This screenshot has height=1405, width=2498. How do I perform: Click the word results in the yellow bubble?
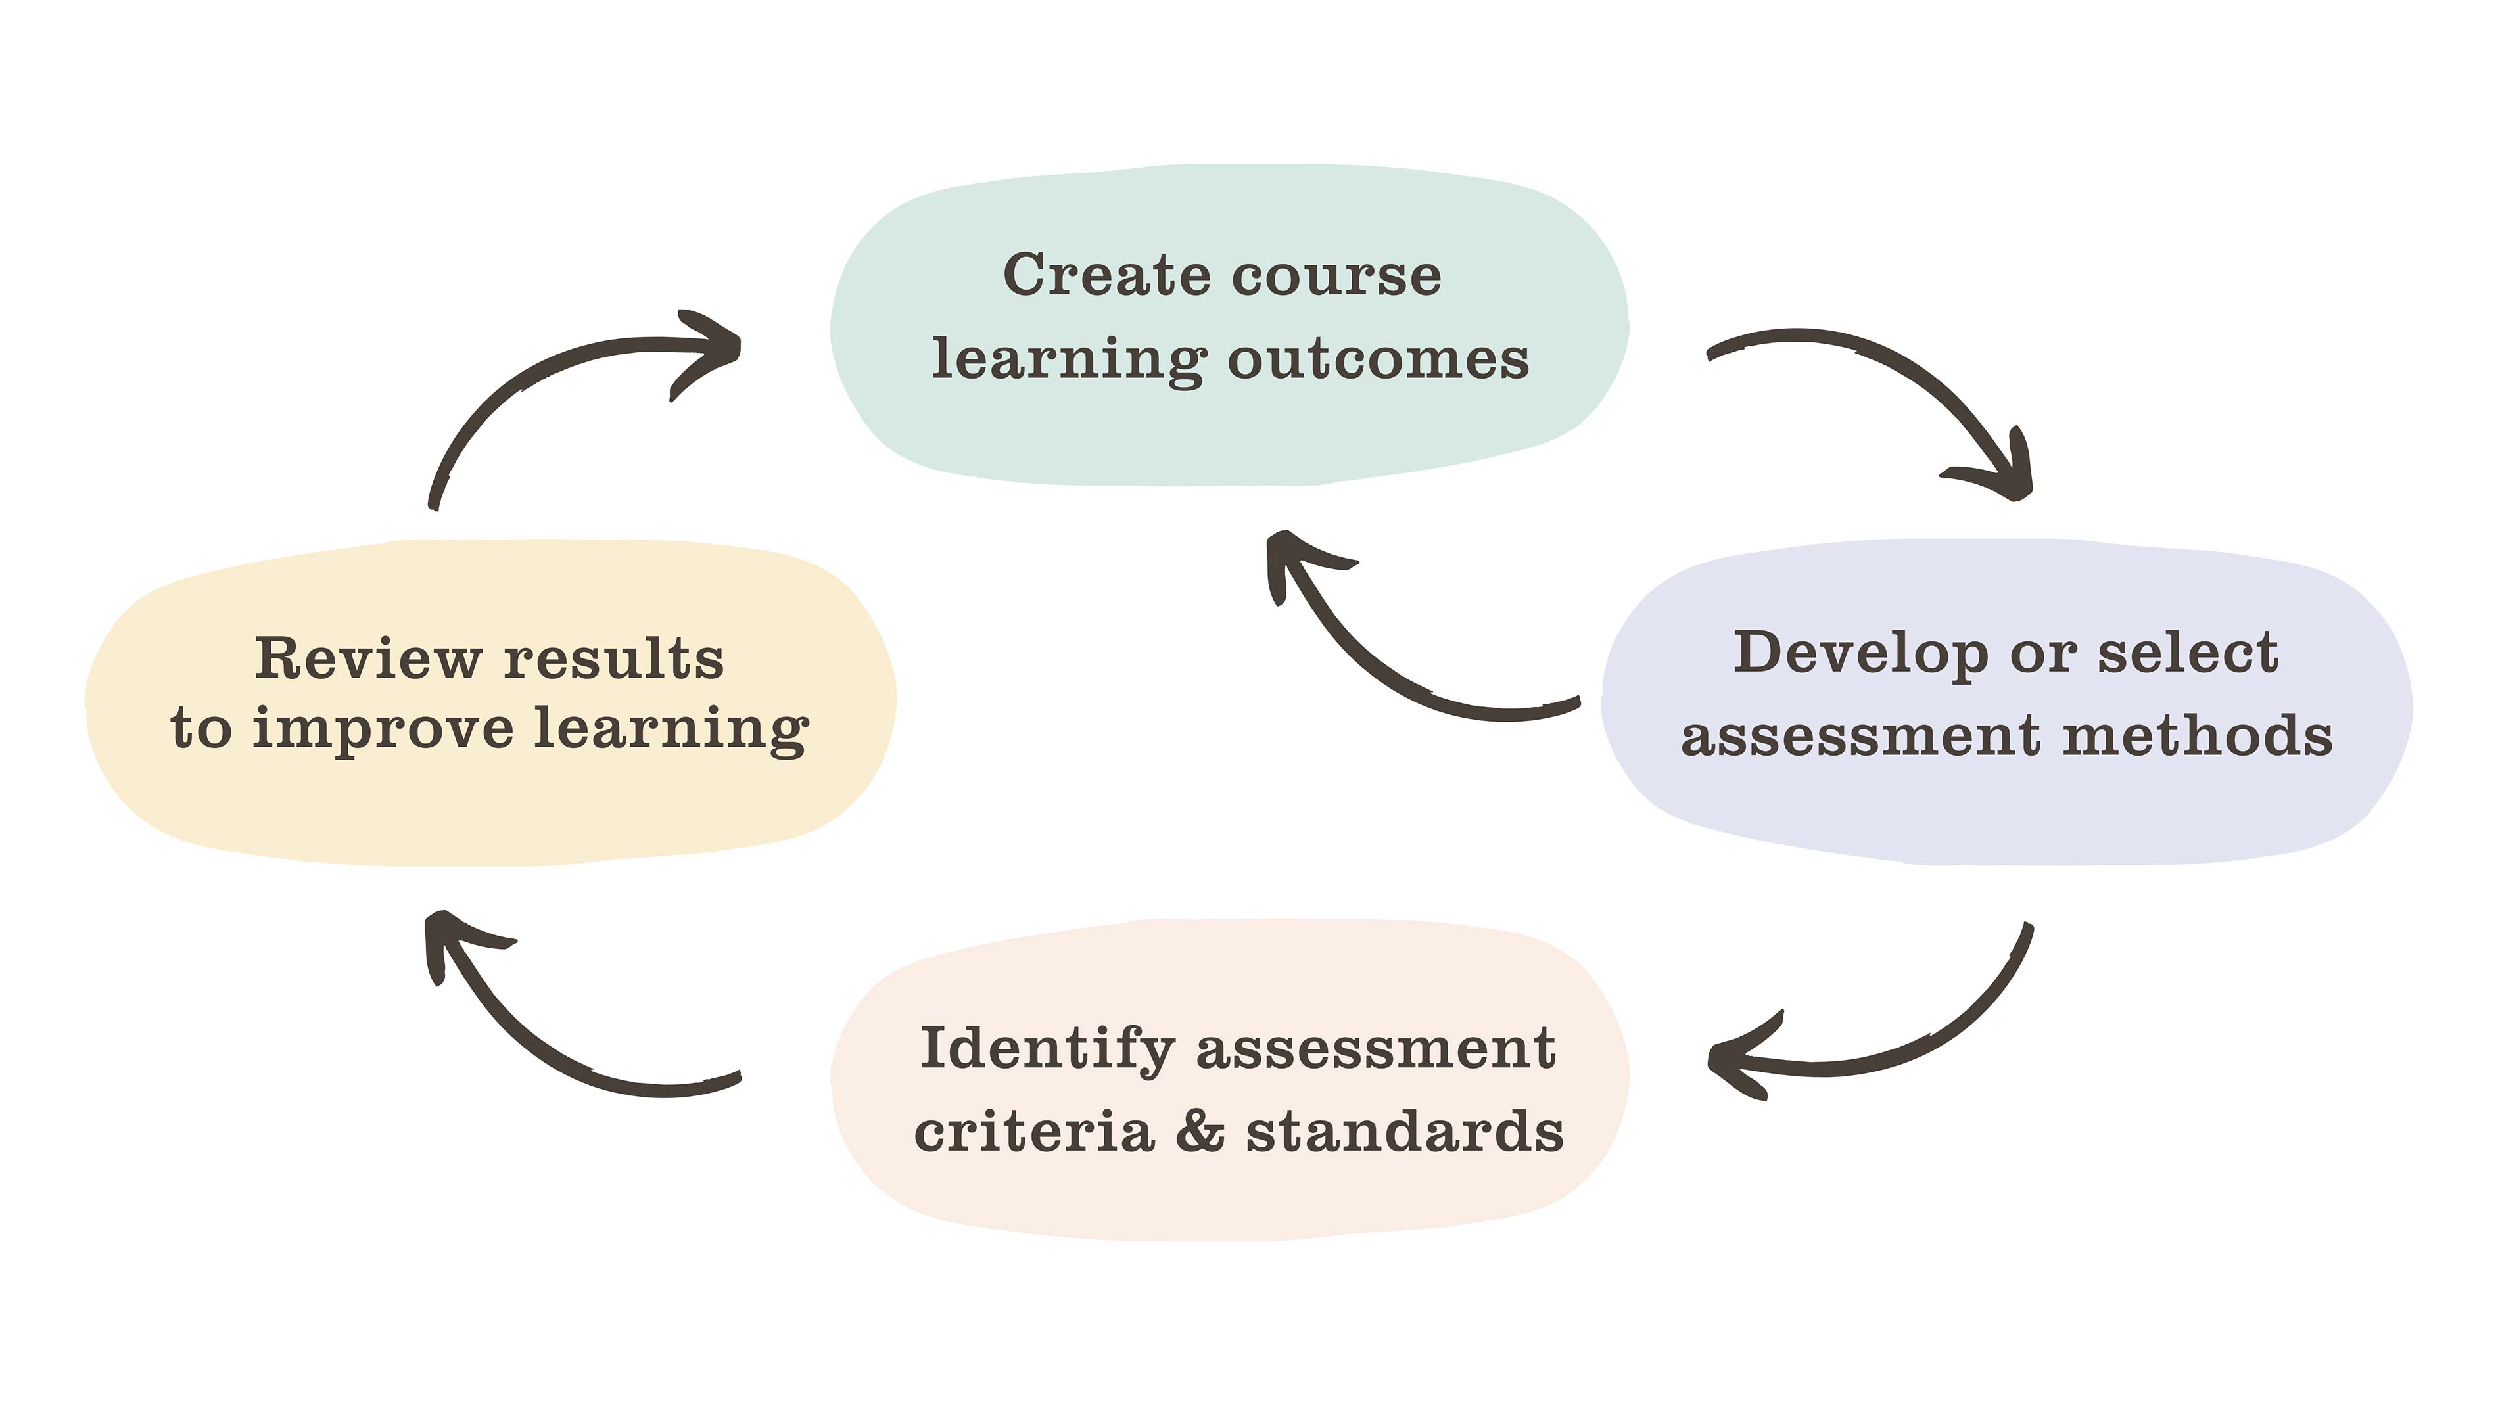614,658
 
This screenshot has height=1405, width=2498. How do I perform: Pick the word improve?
383,729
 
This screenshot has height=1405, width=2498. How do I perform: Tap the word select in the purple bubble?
2188,653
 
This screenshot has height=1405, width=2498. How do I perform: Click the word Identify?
1047,1050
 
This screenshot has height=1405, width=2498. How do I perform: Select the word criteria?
1034,1132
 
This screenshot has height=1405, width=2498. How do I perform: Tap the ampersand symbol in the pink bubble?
1200,1132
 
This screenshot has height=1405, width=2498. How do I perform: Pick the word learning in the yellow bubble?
671,729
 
